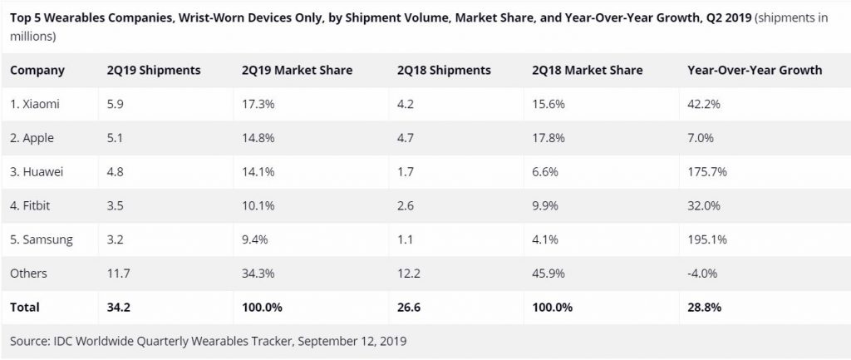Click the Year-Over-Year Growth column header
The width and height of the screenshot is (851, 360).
(x=755, y=71)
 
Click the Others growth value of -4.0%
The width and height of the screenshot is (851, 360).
(x=704, y=274)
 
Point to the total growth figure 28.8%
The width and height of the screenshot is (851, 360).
(x=705, y=307)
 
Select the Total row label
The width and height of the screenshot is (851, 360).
(x=25, y=307)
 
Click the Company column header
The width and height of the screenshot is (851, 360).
(x=37, y=71)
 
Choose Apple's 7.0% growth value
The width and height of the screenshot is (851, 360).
(x=701, y=138)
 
